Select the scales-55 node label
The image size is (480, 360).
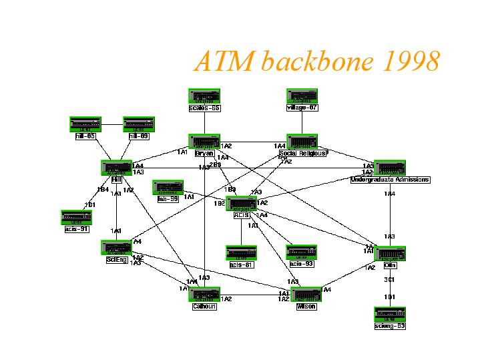coord(204,108)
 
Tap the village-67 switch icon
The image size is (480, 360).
coord(302,96)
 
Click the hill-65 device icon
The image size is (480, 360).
coord(85,124)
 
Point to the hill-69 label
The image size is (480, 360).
coord(139,136)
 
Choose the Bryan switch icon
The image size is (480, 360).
coord(204,142)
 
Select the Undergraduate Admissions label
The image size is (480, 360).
coord(390,180)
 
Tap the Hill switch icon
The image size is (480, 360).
coord(116,168)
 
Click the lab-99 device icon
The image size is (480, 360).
coord(168,187)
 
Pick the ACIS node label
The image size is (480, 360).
coord(241,215)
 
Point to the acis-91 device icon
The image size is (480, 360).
coord(76,217)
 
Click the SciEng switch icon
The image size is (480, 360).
coord(116,248)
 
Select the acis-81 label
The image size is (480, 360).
coord(241,264)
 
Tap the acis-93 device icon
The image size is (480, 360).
coord(301,252)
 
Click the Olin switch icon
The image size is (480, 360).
coord(390,254)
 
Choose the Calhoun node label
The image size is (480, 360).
coord(204,307)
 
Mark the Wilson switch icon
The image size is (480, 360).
coord(306,294)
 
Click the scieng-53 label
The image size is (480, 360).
coord(390,326)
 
